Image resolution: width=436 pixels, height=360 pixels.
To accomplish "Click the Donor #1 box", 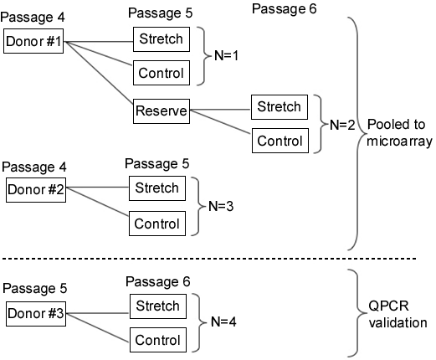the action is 33,41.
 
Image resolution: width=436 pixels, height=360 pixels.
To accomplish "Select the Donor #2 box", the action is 36,190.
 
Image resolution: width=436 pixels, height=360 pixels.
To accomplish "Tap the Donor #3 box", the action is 36,314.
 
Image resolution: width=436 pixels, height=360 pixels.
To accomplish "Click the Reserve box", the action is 162,111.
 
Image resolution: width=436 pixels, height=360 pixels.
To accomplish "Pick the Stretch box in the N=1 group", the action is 162,39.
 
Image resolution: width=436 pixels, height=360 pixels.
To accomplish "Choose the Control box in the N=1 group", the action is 162,73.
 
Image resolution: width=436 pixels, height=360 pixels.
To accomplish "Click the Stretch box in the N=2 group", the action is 280,107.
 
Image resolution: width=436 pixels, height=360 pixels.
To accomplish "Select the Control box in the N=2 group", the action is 280,141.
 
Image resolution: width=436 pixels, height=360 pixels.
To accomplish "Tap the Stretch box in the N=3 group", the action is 157,188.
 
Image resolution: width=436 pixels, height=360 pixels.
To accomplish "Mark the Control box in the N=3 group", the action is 157,224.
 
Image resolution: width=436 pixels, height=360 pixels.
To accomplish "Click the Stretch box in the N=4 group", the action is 158,306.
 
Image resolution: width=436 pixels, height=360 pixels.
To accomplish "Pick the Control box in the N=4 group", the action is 158,340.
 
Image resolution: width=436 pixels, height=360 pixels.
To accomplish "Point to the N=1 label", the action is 226,55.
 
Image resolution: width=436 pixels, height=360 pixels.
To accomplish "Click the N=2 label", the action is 342,125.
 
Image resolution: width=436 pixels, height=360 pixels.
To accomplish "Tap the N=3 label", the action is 221,206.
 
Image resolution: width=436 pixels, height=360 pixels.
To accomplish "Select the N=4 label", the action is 223,321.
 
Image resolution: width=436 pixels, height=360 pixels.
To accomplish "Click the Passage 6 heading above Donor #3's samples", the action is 158,282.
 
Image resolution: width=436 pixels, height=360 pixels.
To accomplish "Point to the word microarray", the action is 399,141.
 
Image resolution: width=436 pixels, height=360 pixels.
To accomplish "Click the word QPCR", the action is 388,306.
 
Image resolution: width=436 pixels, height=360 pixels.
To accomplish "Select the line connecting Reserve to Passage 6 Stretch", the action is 220,110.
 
